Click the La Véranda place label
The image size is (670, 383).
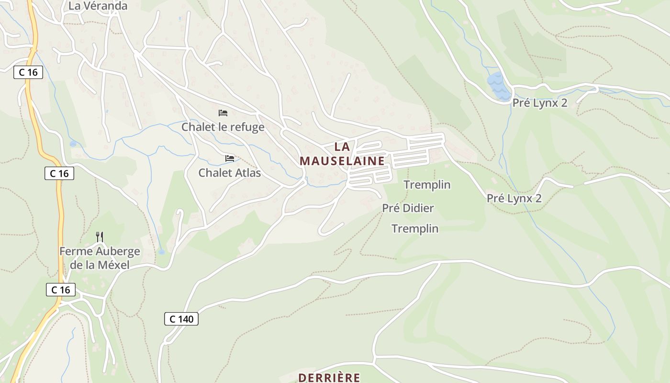pos(98,6)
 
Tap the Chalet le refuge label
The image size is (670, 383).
pos(223,127)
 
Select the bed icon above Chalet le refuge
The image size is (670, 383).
pos(223,113)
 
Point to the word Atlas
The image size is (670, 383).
pos(247,172)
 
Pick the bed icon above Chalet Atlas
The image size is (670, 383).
pos(230,158)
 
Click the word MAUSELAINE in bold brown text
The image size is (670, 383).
pos(342,161)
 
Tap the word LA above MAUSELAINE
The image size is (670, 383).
pos(342,147)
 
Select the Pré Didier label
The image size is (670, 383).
pos(408,208)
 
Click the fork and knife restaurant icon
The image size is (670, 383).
pos(100,237)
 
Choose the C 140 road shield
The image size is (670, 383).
pos(181,319)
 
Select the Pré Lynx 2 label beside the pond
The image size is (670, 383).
pos(540,103)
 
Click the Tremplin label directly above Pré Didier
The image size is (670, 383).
pos(427,185)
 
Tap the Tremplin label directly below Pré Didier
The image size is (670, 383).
pos(415,229)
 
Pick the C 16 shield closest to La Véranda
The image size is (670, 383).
pos(28,72)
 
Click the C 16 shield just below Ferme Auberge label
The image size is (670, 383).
pos(61,290)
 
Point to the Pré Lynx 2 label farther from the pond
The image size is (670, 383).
pos(514,198)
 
